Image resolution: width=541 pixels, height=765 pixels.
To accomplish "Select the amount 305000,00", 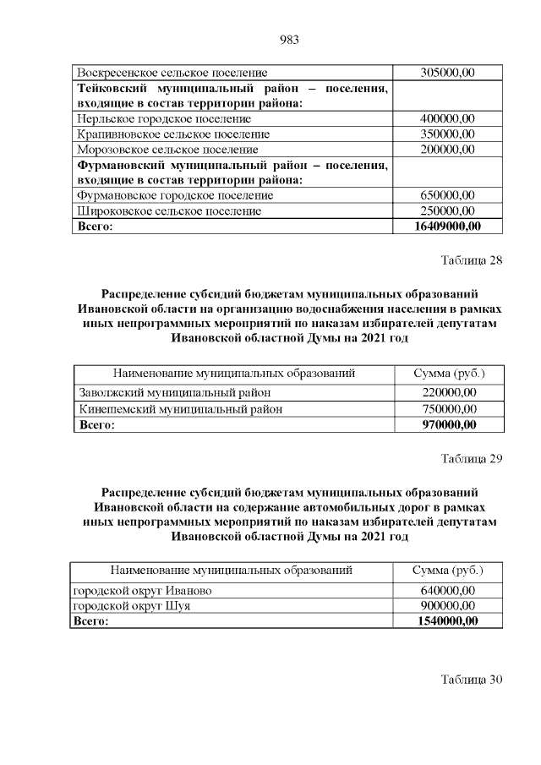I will point(448,74).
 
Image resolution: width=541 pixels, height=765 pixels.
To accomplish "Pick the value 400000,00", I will point(448,118).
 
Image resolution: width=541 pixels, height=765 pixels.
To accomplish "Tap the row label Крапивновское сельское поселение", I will point(173,134).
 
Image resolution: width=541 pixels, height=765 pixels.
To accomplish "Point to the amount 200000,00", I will point(448,149).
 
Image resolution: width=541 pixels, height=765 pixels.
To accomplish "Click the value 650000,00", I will point(448,195).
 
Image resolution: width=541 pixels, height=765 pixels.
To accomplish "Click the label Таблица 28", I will point(472,260).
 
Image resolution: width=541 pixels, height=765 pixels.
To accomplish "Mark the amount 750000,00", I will point(448,408).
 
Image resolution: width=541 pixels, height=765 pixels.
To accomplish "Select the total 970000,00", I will point(448,424).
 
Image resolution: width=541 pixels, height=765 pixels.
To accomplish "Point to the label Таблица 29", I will point(472,459).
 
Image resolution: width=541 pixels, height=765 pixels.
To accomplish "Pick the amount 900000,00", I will point(448,605).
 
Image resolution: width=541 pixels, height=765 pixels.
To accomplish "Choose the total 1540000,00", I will point(448,621).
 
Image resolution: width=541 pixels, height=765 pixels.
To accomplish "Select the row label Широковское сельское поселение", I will point(169,210).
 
